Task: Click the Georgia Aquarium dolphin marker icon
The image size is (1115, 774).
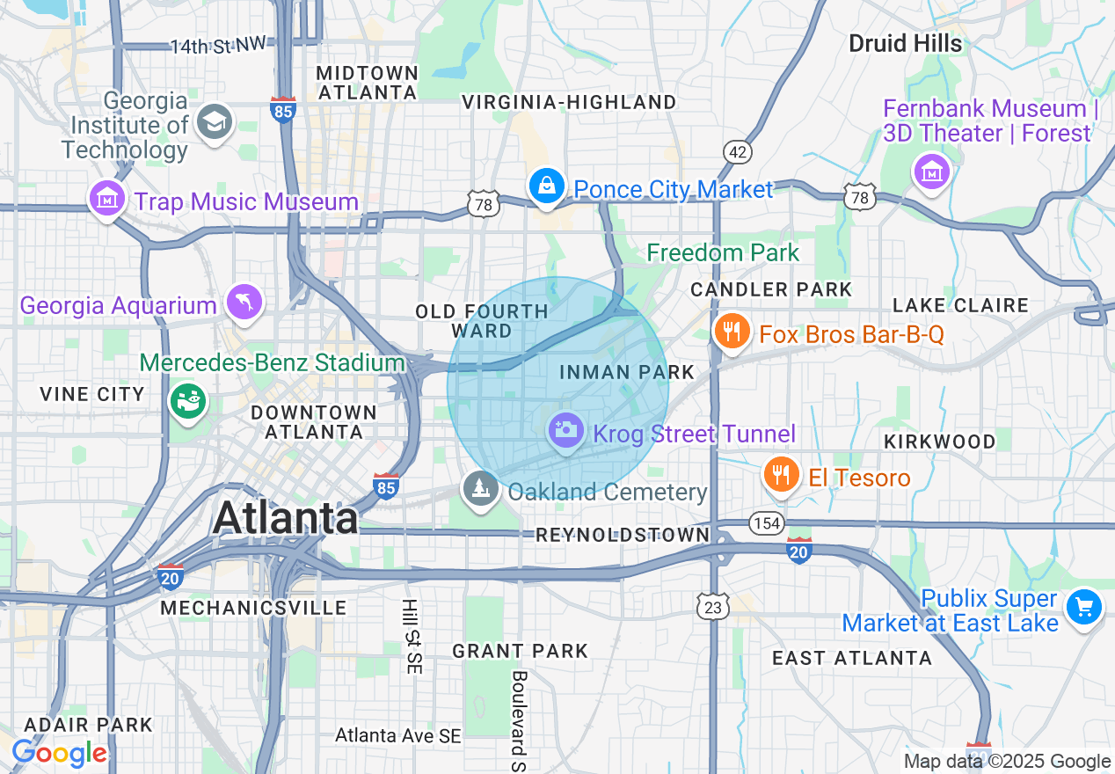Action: (x=244, y=303)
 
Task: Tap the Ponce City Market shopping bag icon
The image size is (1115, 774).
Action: (x=547, y=186)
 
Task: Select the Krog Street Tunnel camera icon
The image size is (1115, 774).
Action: (x=565, y=430)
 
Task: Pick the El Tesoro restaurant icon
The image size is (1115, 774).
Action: (x=780, y=475)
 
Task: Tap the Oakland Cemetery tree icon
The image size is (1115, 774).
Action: (x=480, y=488)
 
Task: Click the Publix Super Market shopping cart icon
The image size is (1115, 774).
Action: (x=1083, y=607)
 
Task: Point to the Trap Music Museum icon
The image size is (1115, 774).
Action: (x=107, y=199)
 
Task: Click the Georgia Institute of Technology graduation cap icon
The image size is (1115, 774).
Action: (x=215, y=121)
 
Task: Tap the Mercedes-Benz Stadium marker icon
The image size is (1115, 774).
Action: (x=187, y=400)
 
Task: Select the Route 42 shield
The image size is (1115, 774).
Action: (x=739, y=152)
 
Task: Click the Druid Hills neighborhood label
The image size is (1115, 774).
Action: (x=905, y=43)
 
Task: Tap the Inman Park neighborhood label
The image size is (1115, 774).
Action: (x=627, y=372)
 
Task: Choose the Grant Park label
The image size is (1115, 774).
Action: (x=520, y=651)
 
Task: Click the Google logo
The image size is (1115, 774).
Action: (x=58, y=753)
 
